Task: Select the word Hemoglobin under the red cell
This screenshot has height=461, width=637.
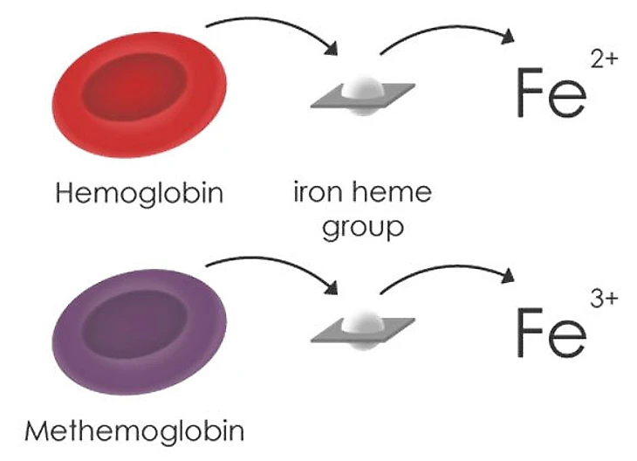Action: pyautogui.click(x=140, y=193)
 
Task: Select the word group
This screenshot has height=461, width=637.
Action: pyautogui.click(x=362, y=229)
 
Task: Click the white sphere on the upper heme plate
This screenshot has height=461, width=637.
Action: pyautogui.click(x=361, y=89)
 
